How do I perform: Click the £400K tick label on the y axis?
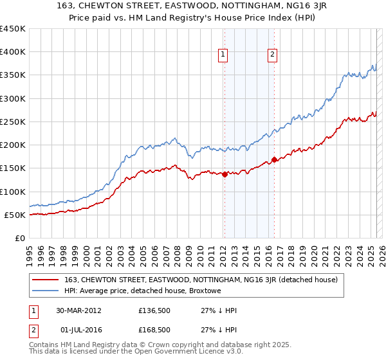click(13, 52)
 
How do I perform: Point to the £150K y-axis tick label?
click(13, 168)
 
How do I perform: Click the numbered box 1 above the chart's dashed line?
click(223, 55)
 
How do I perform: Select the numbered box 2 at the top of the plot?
click(273, 55)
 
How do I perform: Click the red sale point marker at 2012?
click(225, 174)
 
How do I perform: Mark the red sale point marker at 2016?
click(275, 159)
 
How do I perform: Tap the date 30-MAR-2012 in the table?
click(78, 310)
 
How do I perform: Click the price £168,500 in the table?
click(154, 330)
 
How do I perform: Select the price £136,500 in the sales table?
click(154, 310)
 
